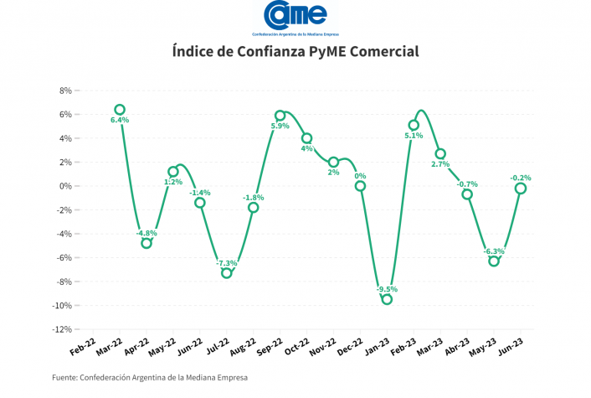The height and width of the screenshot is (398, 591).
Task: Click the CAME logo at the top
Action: [295, 18]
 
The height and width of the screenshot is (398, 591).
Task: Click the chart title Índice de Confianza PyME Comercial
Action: [295, 51]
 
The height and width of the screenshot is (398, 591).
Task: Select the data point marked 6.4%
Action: [120, 110]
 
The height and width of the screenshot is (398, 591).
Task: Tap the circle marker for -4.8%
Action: [146, 243]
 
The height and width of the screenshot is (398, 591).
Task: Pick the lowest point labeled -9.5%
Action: [387, 299]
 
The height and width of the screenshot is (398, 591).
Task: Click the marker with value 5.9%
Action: [280, 116]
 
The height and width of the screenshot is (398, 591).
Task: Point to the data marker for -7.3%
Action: [227, 273]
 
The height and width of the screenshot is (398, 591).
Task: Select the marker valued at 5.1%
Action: [414, 125]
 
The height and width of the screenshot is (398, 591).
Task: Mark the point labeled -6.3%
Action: [494, 261]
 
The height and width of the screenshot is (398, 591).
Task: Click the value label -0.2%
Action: [521, 178]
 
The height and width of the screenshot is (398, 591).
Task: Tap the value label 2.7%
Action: [440, 164]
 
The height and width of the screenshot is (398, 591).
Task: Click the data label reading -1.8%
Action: [254, 197]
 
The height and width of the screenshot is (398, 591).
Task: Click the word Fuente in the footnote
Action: [64, 377]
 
